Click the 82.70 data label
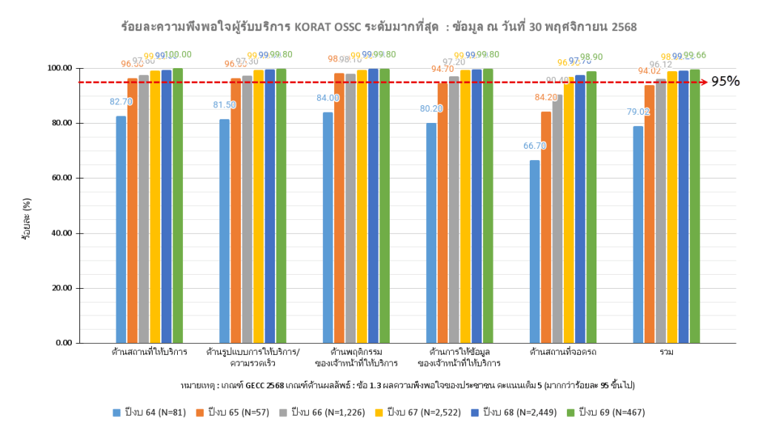[x=121, y=101]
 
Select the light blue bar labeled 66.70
[x=534, y=252]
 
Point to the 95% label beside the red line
[x=725, y=81]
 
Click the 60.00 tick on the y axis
[x=59, y=178]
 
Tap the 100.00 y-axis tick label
[x=56, y=68]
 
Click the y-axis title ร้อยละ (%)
[x=27, y=219]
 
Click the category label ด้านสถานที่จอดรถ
[x=562, y=351]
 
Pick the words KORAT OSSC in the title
[x=331, y=27]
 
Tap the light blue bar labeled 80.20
[x=431, y=233]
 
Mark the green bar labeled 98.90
[x=591, y=207]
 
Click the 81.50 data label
[x=225, y=105]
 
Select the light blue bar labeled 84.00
[x=328, y=227]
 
